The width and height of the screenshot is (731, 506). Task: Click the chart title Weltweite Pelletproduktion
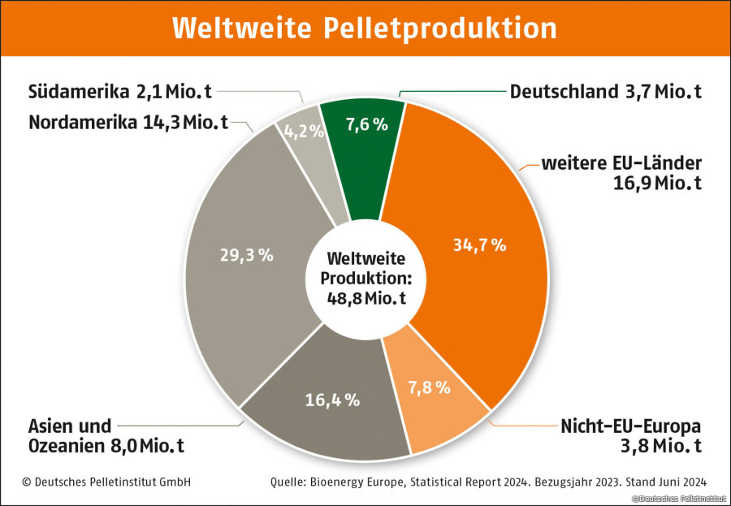365,28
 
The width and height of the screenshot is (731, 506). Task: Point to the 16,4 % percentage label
333,399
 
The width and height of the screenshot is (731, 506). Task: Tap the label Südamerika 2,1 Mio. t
119,91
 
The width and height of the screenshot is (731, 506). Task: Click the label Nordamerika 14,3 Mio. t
128,123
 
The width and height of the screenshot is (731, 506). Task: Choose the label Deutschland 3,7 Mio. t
605,91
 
